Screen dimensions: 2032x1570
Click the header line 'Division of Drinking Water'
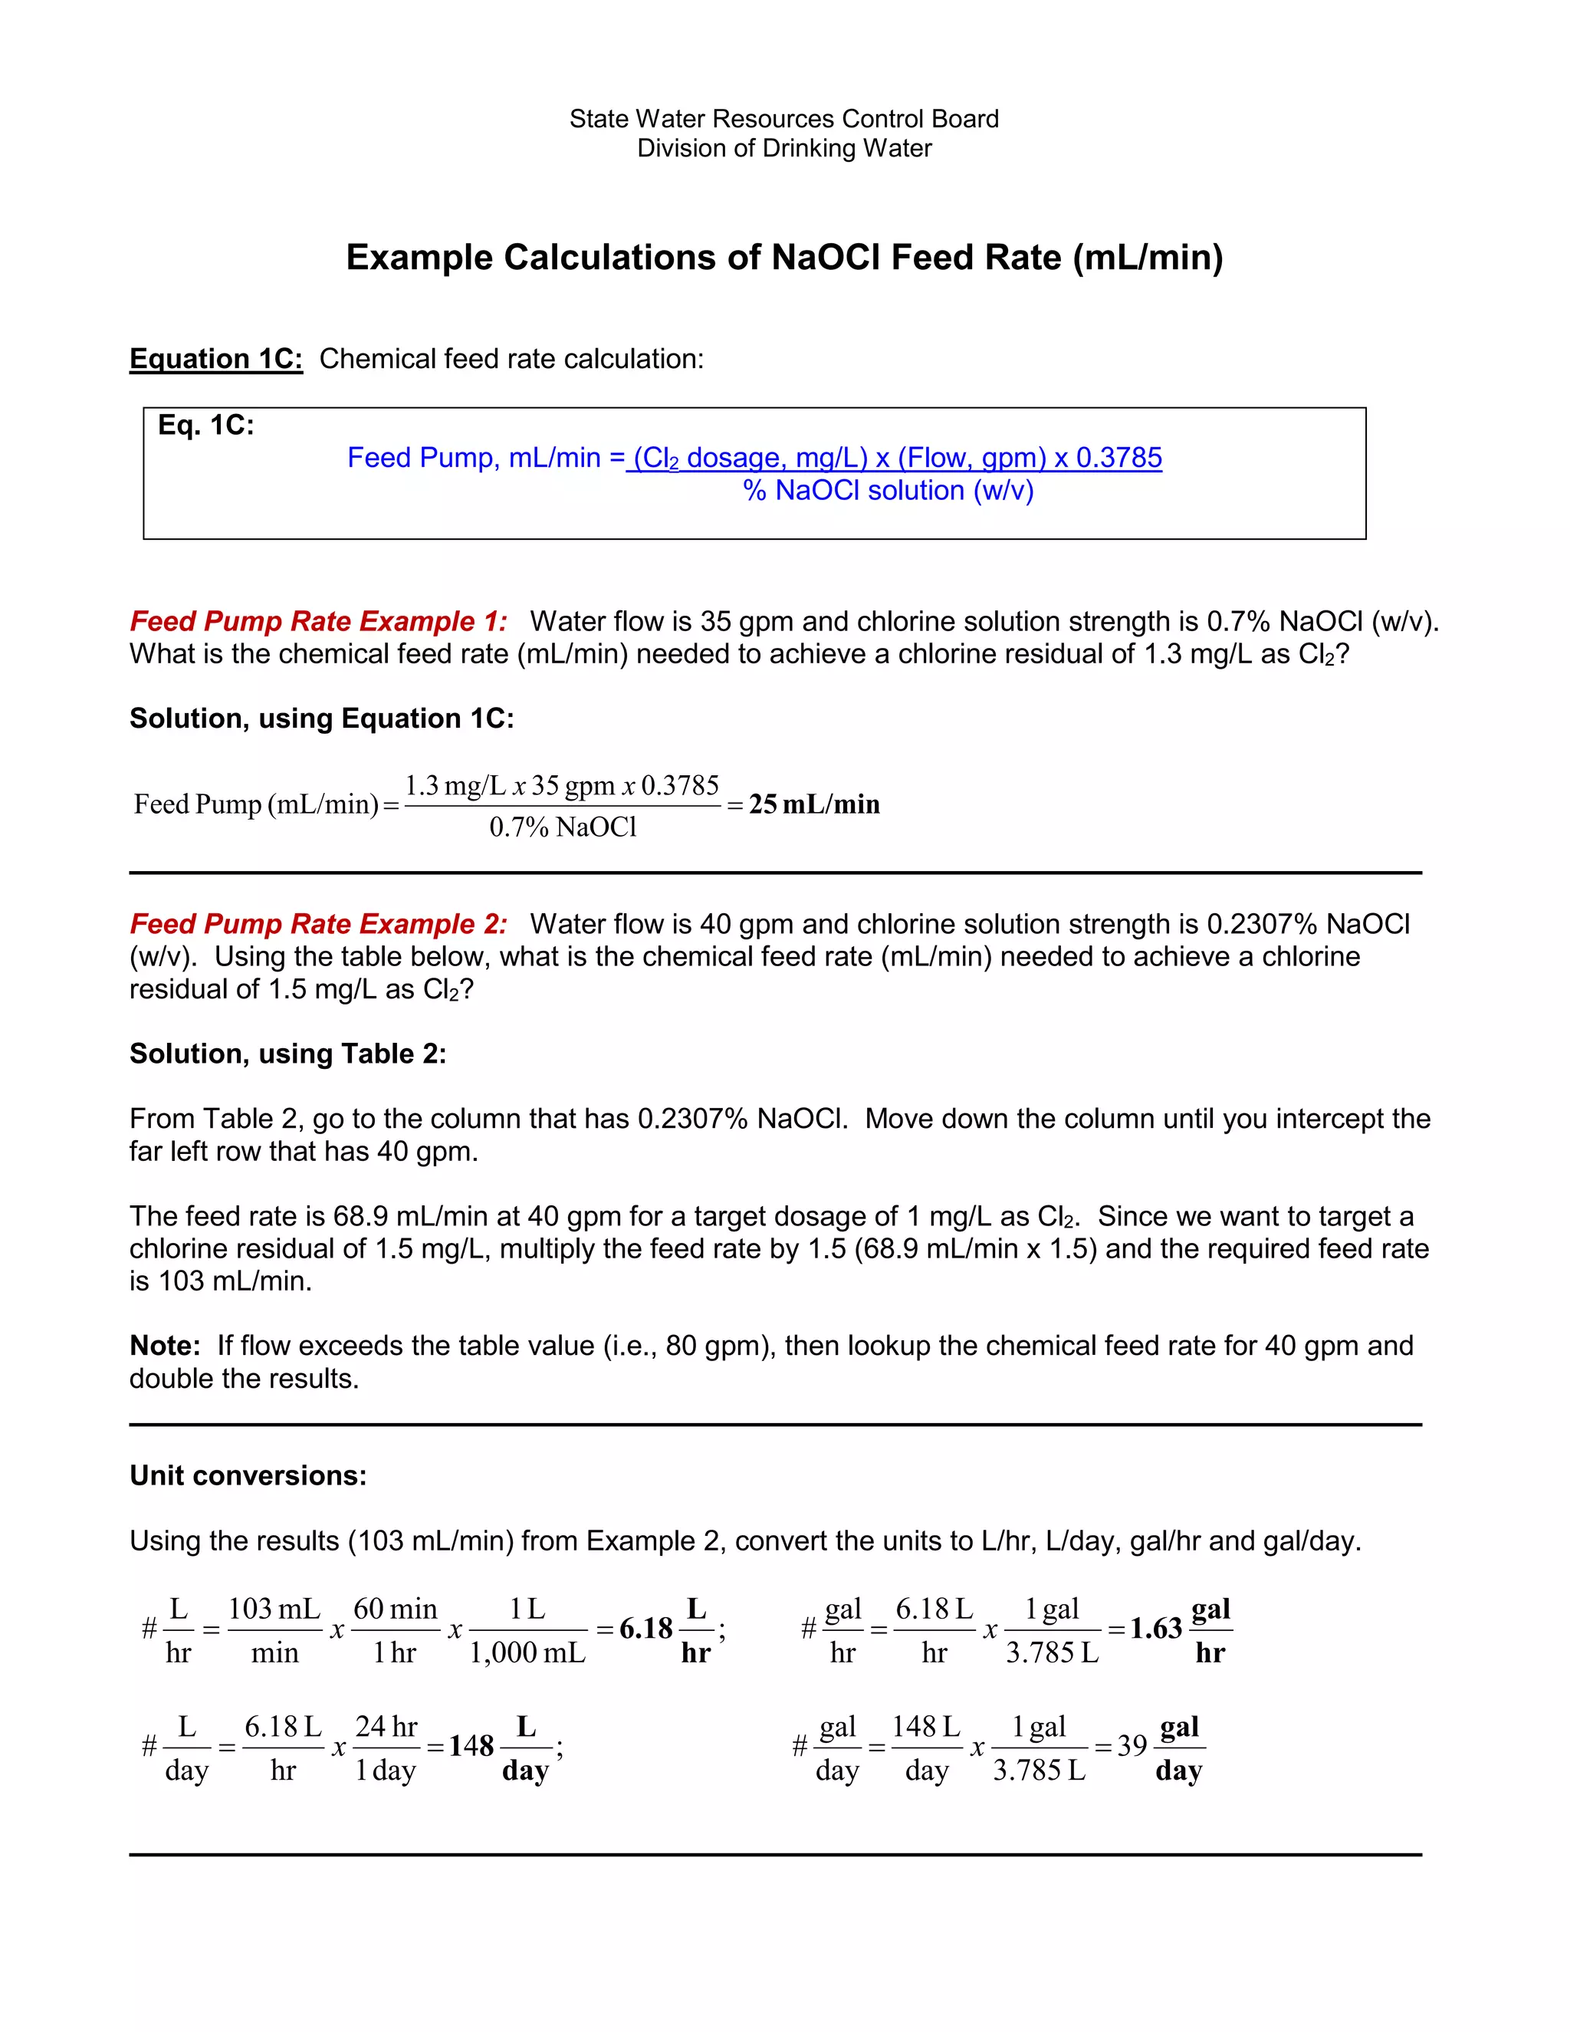tap(784, 149)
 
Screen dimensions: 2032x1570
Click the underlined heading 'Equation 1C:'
tap(215, 359)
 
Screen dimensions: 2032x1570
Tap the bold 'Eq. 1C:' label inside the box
tap(205, 426)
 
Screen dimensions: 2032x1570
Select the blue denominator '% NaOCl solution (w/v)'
tap(888, 490)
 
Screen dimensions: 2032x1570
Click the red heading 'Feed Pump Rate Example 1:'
tap(318, 622)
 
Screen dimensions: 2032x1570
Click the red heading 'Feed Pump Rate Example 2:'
tap(318, 924)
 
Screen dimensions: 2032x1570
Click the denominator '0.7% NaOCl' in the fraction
tap(563, 827)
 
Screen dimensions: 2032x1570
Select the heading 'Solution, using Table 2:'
tap(287, 1054)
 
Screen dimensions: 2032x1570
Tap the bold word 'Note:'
tap(165, 1346)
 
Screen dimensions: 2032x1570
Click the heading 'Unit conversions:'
tap(248, 1475)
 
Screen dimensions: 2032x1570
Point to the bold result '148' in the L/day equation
tap(471, 1745)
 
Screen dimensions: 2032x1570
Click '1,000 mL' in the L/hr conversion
tap(527, 1652)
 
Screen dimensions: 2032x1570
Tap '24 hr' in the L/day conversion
tap(386, 1727)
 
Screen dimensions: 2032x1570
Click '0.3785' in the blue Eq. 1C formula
tap(1119, 458)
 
